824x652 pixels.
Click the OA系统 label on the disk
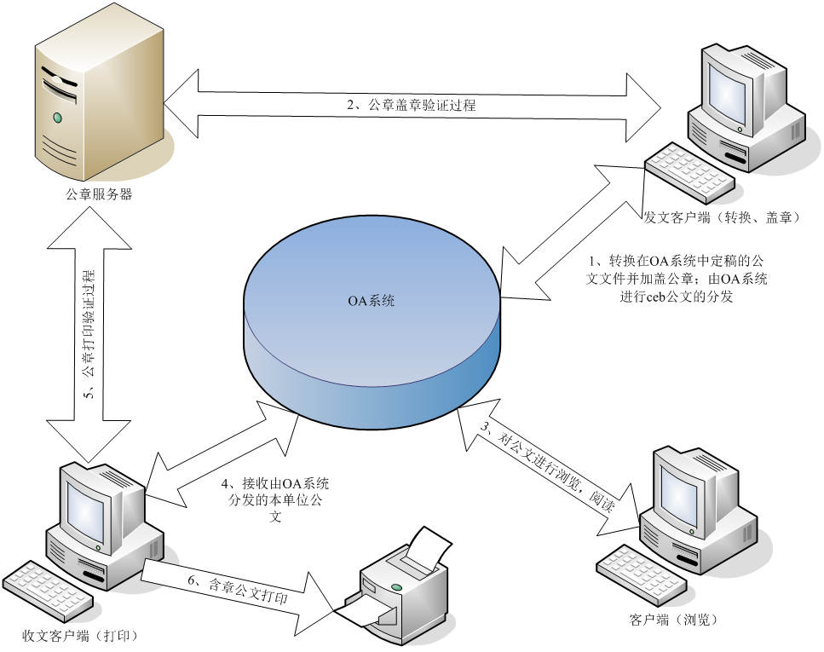pyautogui.click(x=372, y=302)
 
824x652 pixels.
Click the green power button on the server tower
pyautogui.click(x=57, y=117)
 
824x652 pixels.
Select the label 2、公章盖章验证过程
pyautogui.click(x=411, y=106)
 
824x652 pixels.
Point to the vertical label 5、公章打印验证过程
pyautogui.click(x=89, y=333)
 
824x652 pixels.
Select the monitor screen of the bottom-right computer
pyautogui.click(x=682, y=489)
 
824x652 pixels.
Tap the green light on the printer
pyautogui.click(x=397, y=588)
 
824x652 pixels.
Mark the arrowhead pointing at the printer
pyautogui.click(x=320, y=600)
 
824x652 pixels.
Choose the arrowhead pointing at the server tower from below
pyautogui.click(x=89, y=226)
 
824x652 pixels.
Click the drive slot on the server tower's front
pyautogui.click(x=60, y=86)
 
